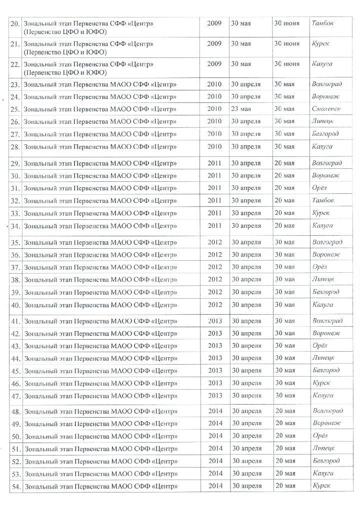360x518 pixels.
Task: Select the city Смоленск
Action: tap(326, 108)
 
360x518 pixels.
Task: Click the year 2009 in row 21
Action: tap(214, 43)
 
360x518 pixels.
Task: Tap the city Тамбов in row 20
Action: tap(322, 23)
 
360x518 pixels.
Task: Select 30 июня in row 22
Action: tap(286, 64)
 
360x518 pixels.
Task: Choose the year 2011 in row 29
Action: tap(214, 163)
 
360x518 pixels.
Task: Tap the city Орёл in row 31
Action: tap(319, 188)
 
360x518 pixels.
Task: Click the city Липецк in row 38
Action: tap(322, 279)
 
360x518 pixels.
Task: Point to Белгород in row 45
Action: tap(325, 370)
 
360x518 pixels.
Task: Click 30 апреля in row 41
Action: tap(245, 320)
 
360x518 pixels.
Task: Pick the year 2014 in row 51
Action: tap(215, 448)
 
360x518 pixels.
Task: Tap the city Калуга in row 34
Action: tap(322, 225)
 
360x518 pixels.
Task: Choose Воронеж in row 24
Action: tap(325, 96)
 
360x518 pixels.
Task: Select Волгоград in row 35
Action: tap(326, 242)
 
